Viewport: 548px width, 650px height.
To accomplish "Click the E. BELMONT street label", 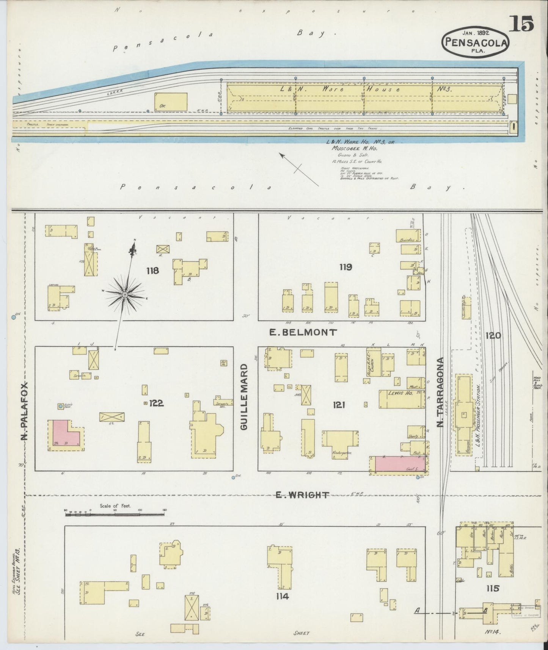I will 302,333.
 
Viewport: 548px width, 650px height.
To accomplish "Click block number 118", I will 153,271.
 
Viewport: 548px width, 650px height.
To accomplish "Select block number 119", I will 345,267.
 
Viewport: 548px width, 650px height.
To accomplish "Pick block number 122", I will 156,403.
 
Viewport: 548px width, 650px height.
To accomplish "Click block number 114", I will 283,597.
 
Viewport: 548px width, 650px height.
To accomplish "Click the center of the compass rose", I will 125,294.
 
